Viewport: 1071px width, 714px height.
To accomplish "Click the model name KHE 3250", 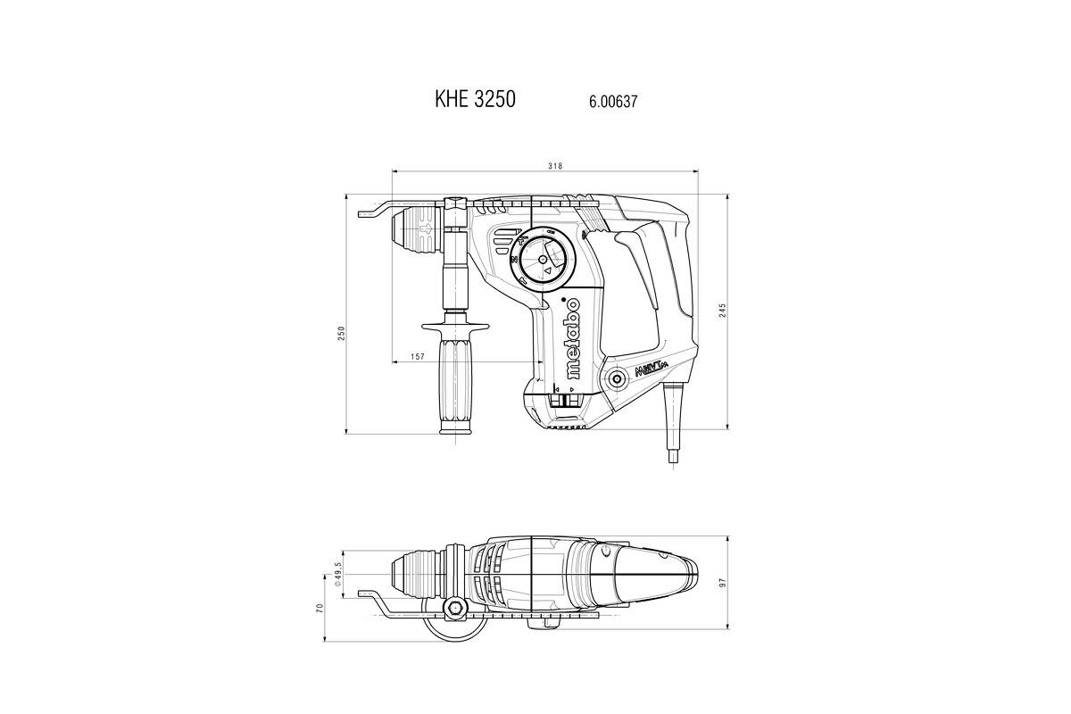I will point(475,99).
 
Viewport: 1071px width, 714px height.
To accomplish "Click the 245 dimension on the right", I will point(723,310).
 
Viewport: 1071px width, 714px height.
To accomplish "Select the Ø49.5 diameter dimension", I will point(338,571).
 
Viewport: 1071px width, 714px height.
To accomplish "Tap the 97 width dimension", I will point(723,583).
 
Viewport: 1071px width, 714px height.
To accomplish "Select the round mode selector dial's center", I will point(543,261).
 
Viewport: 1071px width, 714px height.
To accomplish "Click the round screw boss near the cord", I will point(617,378).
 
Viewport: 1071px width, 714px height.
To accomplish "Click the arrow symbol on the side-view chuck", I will point(427,229).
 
